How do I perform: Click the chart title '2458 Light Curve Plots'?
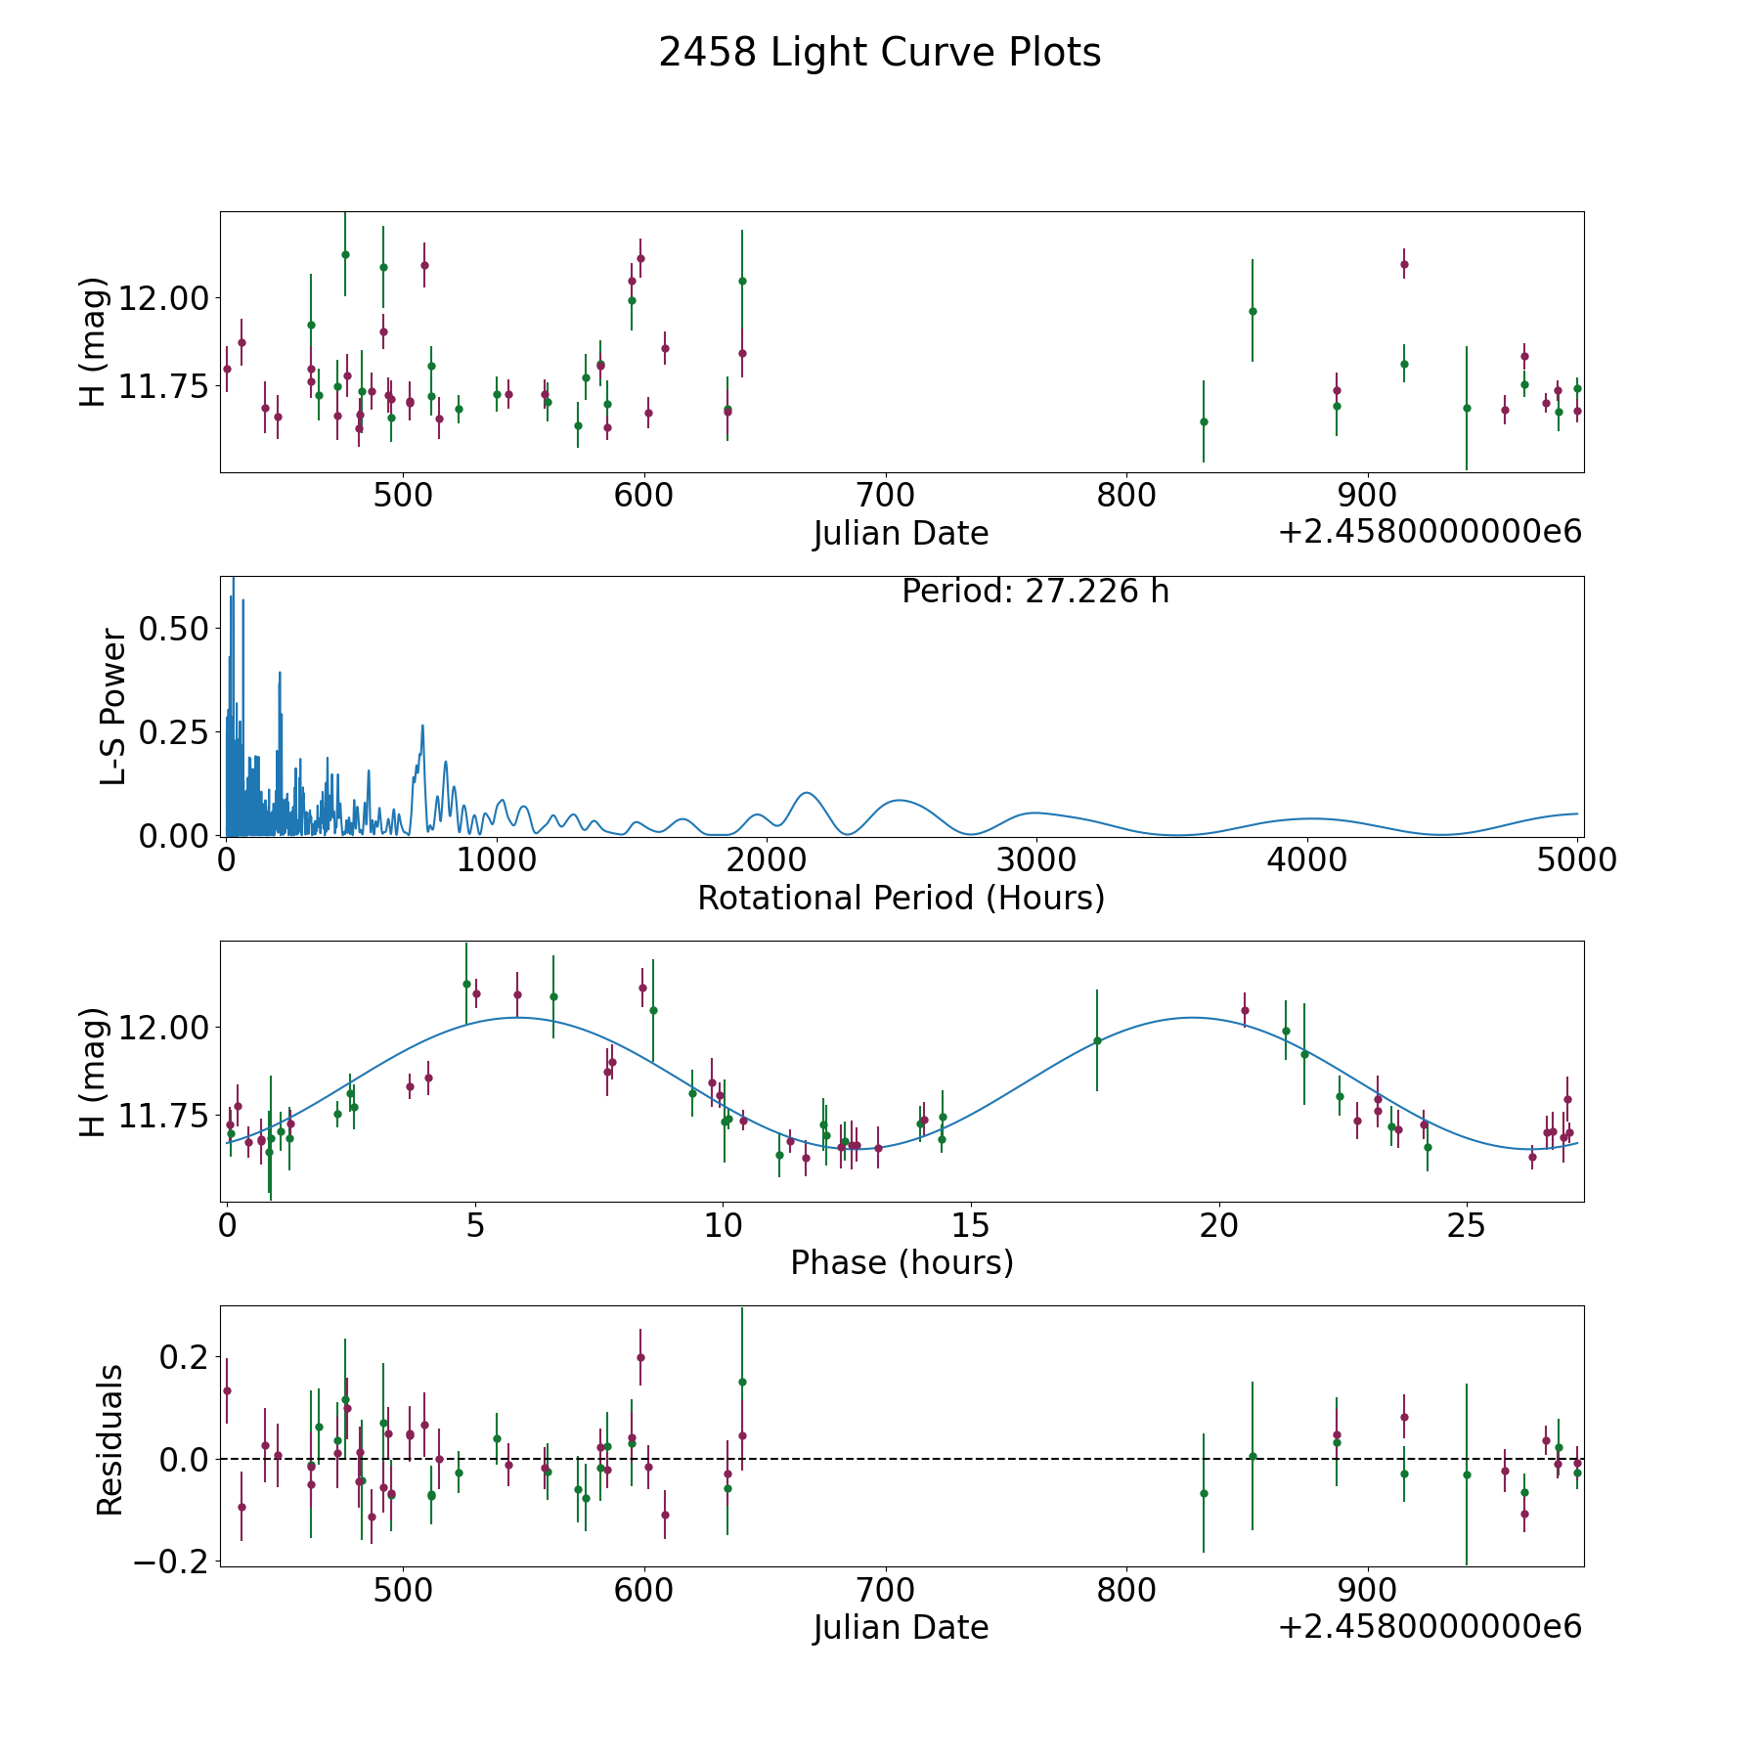click(x=880, y=53)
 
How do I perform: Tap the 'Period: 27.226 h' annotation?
click(x=1035, y=592)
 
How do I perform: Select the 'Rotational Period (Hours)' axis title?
click(x=902, y=898)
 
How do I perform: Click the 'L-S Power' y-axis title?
click(x=113, y=707)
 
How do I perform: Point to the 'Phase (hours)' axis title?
click(x=902, y=1262)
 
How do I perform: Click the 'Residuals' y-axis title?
click(x=110, y=1439)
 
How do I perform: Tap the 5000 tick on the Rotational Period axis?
click(x=1577, y=860)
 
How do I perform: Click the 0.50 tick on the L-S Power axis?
click(x=173, y=628)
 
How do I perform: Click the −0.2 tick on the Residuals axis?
click(x=167, y=1562)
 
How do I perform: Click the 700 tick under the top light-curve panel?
click(x=885, y=496)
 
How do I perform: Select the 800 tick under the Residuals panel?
click(x=1125, y=1590)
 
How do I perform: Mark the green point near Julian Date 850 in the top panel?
click(x=1253, y=311)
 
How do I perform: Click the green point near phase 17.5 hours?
click(x=1097, y=1040)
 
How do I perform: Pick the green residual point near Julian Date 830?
click(x=1204, y=1493)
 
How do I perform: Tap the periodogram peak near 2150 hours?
click(x=807, y=792)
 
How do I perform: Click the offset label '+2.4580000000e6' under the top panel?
click(x=1430, y=532)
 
